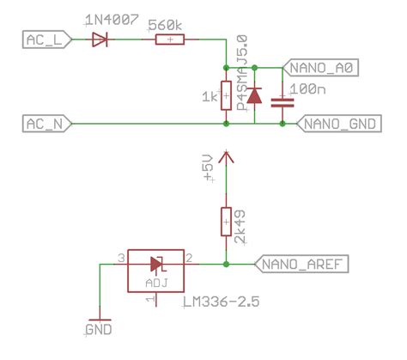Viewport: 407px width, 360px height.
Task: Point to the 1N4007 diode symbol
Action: pyautogui.click(x=102, y=40)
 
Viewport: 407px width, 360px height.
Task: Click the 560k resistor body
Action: pyautogui.click(x=169, y=40)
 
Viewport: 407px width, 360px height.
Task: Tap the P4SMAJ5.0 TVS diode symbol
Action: pyautogui.click(x=254, y=95)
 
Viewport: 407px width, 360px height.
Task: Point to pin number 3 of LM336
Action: pyautogui.click(x=122, y=257)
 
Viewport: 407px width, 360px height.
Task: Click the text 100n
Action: pyautogui.click(x=306, y=88)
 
